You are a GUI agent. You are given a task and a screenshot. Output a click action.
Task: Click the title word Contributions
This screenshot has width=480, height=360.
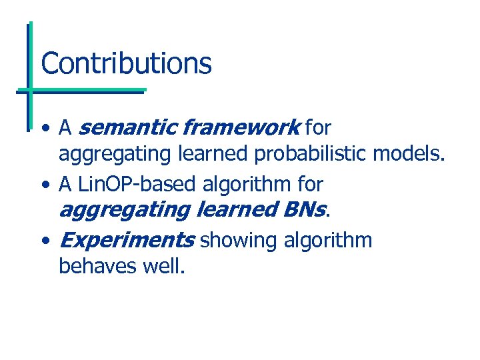[x=126, y=64]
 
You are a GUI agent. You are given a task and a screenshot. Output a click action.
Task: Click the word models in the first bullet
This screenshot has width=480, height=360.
[x=407, y=154]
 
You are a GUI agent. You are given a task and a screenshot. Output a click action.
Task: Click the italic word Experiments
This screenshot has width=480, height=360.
[x=127, y=239]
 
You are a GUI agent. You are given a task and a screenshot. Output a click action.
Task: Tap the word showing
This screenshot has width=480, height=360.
[x=231, y=239]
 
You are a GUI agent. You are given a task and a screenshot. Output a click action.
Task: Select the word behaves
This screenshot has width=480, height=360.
[x=97, y=267]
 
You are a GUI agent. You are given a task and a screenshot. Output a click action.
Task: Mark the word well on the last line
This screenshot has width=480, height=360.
[x=162, y=267]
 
